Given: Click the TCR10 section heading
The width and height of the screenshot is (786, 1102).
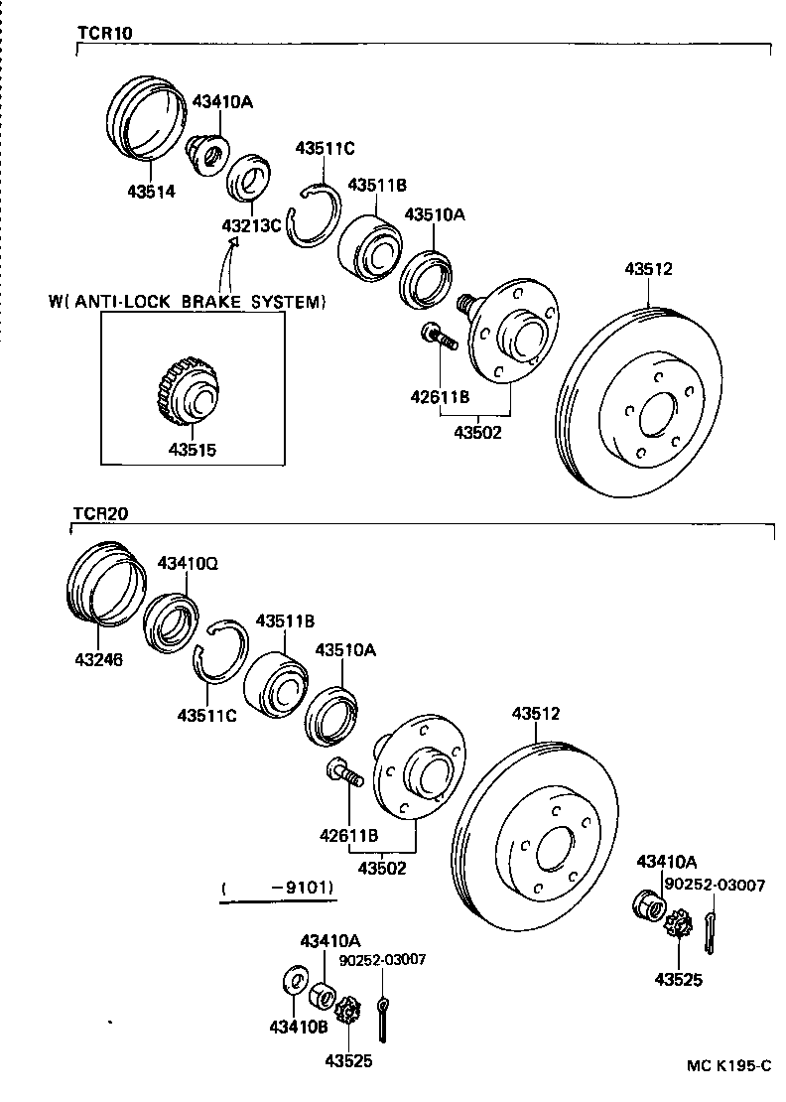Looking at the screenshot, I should [105, 32].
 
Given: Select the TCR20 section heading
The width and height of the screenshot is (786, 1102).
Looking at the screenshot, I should [100, 513].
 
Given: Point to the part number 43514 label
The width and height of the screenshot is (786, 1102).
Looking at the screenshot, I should [151, 192].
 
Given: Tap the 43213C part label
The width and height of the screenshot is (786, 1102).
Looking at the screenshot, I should [251, 224].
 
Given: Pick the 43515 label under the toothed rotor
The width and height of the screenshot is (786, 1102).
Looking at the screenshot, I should [192, 449].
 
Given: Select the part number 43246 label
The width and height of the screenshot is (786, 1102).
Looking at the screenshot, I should [97, 657].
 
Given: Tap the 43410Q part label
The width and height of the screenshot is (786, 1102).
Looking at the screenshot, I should [188, 563].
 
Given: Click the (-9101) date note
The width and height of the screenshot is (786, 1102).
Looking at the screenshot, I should [279, 887].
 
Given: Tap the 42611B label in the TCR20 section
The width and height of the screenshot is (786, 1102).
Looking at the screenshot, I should [347, 835].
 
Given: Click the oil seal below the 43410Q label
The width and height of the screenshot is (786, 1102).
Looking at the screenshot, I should [171, 622].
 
